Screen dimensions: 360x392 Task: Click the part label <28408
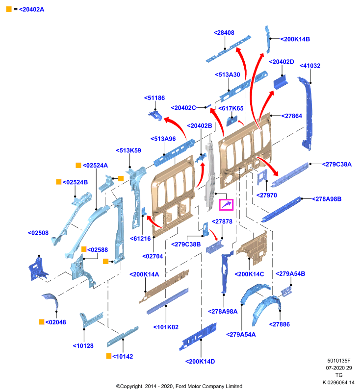tap(224, 33)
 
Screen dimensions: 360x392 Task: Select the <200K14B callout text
tap(295, 39)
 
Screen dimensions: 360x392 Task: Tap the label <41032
tap(310, 66)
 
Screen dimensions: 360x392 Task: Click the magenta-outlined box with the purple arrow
tap(226, 205)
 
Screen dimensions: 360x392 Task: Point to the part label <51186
tap(154, 98)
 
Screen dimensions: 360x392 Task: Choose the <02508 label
tap(38, 233)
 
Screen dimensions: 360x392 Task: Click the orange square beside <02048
tap(42, 322)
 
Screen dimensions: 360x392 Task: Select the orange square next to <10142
tap(108, 356)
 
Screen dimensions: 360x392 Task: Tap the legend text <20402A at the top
tap(31, 9)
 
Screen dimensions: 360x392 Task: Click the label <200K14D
tap(200, 362)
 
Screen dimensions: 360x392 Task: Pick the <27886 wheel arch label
tap(280, 324)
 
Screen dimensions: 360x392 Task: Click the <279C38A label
tap(337, 165)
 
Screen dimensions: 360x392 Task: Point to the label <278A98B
tap(327, 199)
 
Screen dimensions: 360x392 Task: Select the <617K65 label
tap(231, 108)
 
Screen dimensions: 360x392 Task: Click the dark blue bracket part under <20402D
tap(281, 82)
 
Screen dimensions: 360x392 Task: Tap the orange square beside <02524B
tap(59, 182)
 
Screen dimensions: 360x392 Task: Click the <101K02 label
tap(166, 327)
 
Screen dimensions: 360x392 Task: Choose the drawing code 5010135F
tap(339, 361)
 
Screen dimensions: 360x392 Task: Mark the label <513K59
tap(129, 150)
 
